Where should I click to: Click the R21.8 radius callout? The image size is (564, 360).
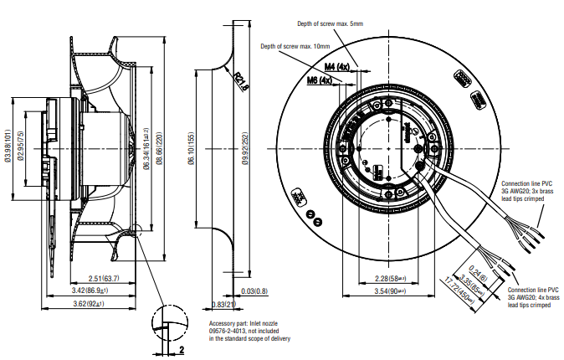pos(243,81)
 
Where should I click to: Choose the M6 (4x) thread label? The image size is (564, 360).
pos(320,80)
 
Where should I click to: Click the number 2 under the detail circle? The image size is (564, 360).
pos(180,348)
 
